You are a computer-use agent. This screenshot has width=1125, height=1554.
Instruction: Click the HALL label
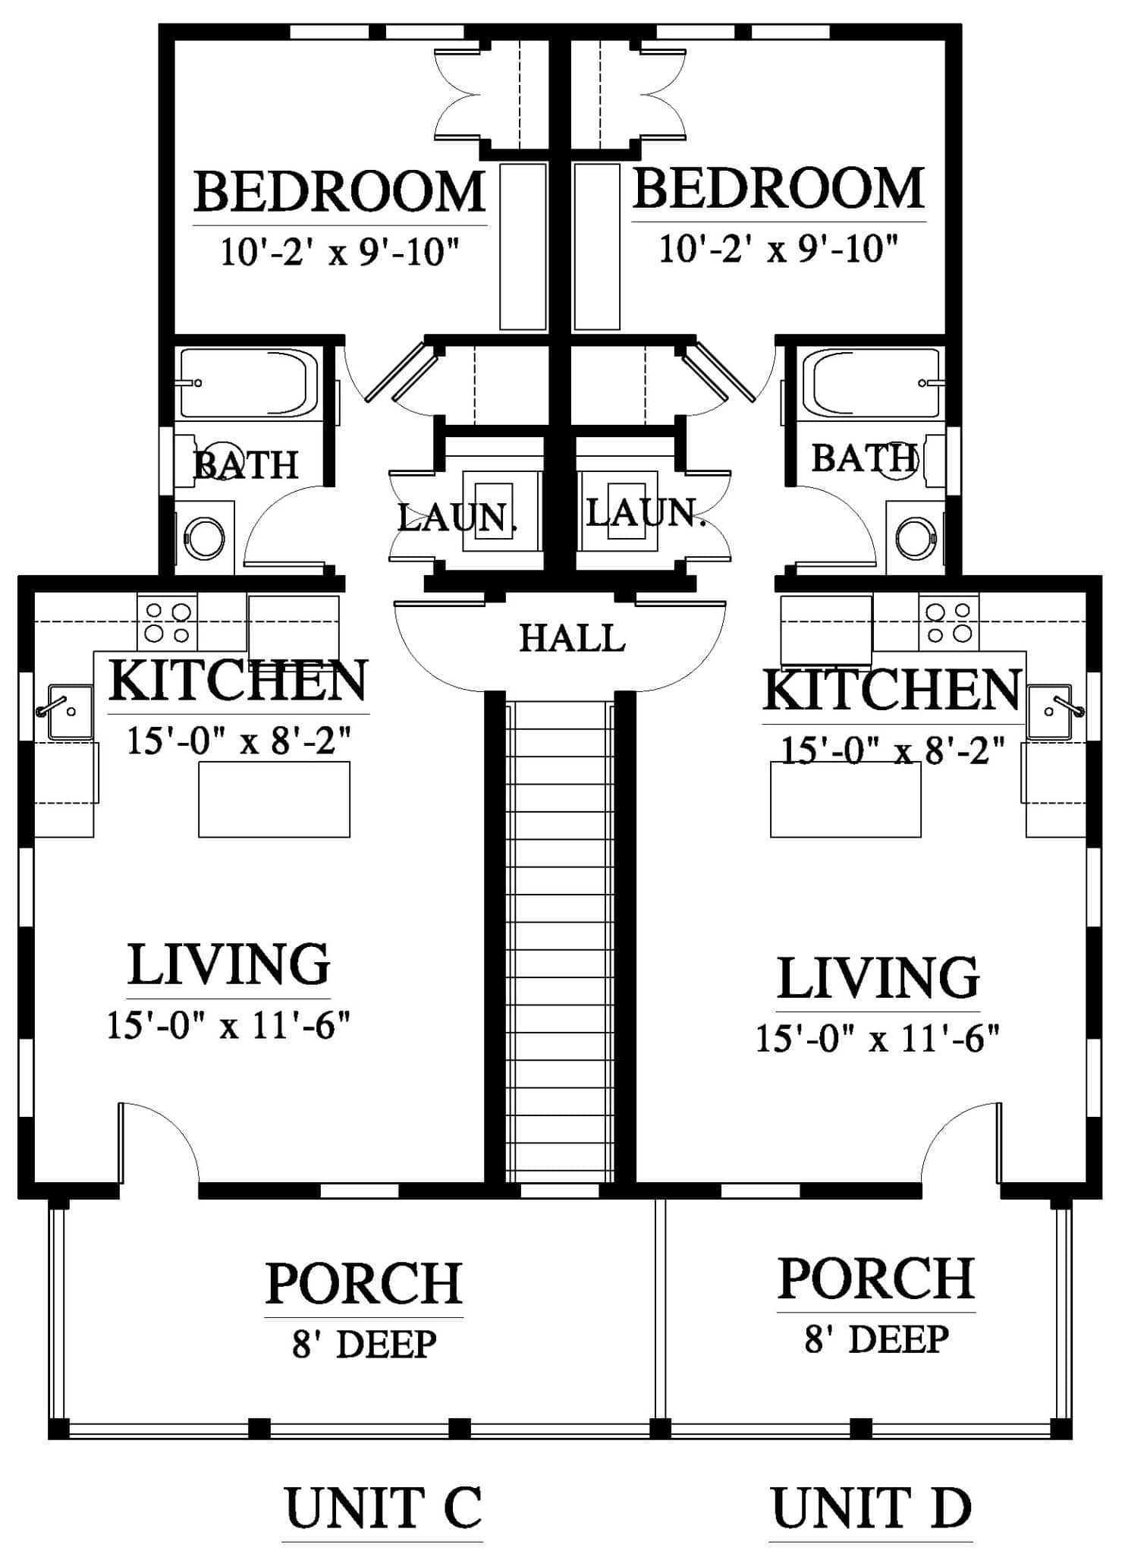tap(572, 638)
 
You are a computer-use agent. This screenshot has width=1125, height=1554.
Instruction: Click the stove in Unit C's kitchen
tap(167, 621)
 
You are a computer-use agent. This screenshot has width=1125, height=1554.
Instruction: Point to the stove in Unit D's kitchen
tap(948, 621)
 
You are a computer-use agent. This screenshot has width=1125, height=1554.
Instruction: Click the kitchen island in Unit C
tap(274, 799)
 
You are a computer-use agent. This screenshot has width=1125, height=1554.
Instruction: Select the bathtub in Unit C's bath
tap(247, 382)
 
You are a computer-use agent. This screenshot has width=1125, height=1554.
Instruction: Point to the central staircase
tap(560, 942)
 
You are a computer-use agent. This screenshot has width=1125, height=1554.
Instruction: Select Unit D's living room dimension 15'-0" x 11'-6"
tap(878, 1037)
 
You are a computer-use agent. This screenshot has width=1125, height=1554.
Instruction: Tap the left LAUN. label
tap(457, 518)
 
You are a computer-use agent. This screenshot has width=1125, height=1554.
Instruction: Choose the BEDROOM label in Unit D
tap(778, 189)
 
